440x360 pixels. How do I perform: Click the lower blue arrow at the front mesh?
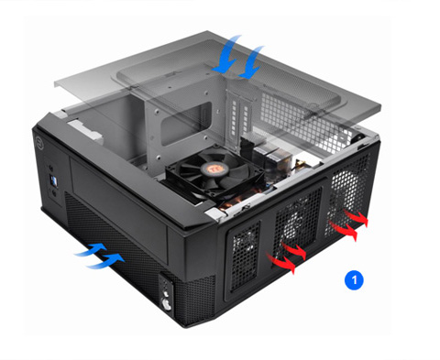pyautogui.click(x=104, y=260)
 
